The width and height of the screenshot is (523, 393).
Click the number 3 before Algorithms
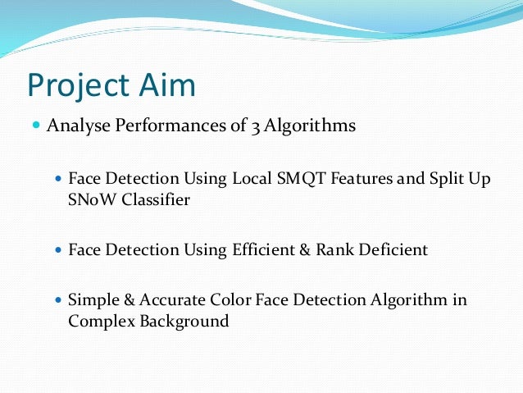tap(244, 126)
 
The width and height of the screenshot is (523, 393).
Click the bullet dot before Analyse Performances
tap(35, 126)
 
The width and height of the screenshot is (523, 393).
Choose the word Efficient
tap(263, 250)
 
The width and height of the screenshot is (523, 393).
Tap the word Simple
tap(93, 300)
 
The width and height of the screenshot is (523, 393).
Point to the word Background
tap(184, 322)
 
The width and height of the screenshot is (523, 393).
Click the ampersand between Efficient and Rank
tap(302, 250)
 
